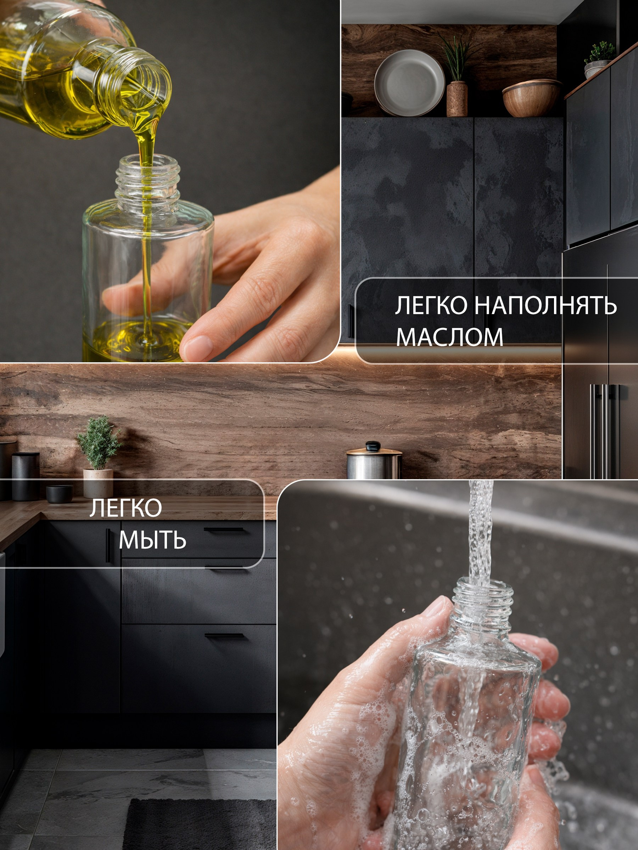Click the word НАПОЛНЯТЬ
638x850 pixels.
(545, 306)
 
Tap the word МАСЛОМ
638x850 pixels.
(449, 337)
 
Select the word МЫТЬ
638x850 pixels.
(153, 540)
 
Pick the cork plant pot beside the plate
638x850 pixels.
(457, 99)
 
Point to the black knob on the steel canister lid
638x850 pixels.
(373, 446)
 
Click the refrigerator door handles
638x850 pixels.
(605, 430)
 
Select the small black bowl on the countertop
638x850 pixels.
(59, 493)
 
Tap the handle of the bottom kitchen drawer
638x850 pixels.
(224, 636)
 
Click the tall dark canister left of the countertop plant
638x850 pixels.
(26, 476)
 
